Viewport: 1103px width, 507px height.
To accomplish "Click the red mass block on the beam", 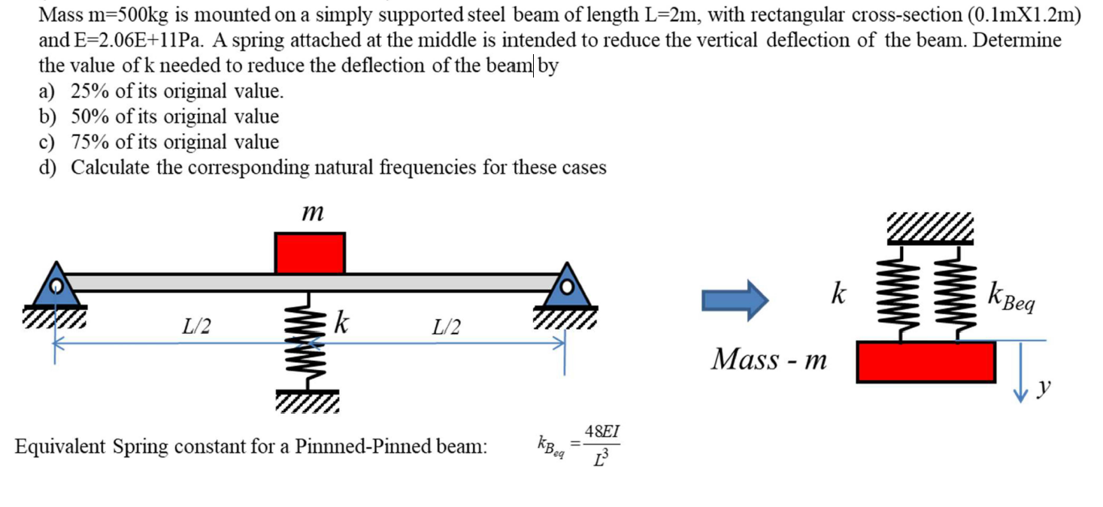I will [x=310, y=253].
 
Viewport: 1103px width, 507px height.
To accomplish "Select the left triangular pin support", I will [x=56, y=286].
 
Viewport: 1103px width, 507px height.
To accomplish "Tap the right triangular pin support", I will [x=568, y=286].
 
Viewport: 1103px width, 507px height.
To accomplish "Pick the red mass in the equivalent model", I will [x=926, y=361].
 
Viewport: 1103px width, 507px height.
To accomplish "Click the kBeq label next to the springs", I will [x=1012, y=298].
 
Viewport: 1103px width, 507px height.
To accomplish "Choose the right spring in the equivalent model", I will [x=953, y=293].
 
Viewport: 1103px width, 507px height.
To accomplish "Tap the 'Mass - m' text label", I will [x=768, y=360].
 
